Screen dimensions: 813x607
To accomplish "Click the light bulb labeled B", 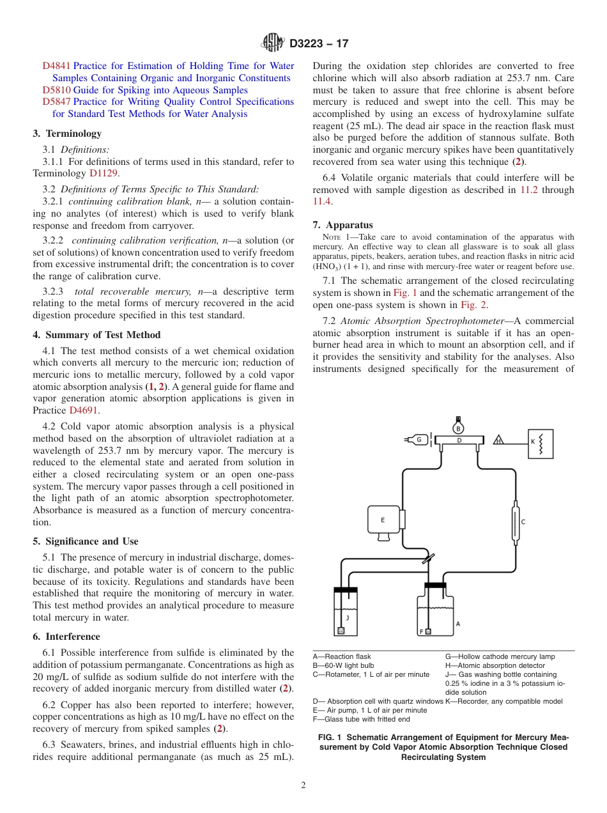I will tap(458, 427).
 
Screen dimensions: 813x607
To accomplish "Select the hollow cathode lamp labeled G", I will tap(419, 440).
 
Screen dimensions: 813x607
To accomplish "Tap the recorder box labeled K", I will tap(540, 443).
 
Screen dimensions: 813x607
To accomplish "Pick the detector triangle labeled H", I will tap(498, 440).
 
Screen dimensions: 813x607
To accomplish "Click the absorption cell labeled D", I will tap(458, 440).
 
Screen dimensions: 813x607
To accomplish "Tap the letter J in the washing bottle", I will tap(347, 617).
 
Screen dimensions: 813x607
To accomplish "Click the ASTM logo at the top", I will tap(273, 43).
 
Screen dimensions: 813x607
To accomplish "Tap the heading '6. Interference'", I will tap(66, 637).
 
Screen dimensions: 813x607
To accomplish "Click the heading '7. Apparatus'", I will tap(342, 225).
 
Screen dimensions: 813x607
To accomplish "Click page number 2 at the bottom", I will tap(303, 786).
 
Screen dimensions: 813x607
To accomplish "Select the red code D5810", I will tap(56, 90).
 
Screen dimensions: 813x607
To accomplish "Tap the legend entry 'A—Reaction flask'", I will tap(342, 656).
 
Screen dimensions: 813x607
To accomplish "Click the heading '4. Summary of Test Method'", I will tap(96, 335).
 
